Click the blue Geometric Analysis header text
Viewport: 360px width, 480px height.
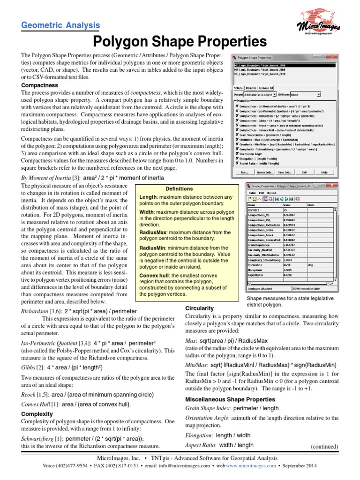60,26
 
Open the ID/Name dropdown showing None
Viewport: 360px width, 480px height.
305,94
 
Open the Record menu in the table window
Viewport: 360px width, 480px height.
272,193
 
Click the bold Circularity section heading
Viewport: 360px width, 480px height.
200,308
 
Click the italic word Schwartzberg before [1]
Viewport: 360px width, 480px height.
37,438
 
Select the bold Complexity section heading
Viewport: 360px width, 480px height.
37,414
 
